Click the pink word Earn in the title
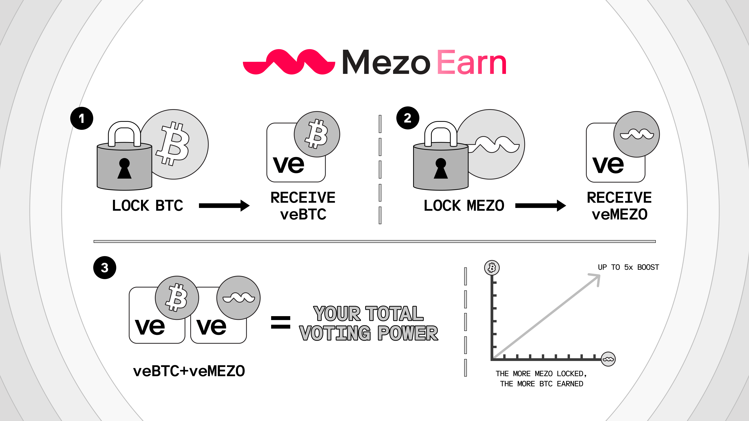point(472,62)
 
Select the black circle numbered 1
point(82,118)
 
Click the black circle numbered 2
point(408,118)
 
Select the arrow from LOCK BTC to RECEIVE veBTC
point(224,206)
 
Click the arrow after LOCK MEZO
point(540,206)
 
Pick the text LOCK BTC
point(148,206)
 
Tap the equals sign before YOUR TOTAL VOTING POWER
point(281,323)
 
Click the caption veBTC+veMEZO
point(189,371)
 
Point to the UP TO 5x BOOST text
point(628,267)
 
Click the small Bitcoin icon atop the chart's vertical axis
point(492,268)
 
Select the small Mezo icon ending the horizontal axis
point(608,359)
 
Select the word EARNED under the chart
point(570,384)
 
